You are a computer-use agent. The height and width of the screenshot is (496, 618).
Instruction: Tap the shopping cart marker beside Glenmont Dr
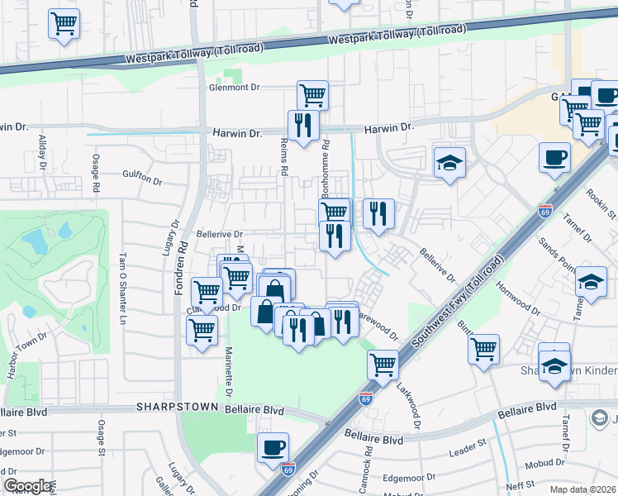(x=312, y=95)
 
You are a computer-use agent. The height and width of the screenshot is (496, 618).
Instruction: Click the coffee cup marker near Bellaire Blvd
(x=273, y=448)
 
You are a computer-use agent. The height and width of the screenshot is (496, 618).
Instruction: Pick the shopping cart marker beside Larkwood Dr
(x=383, y=364)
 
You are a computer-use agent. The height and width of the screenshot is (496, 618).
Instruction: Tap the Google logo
(x=28, y=486)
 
